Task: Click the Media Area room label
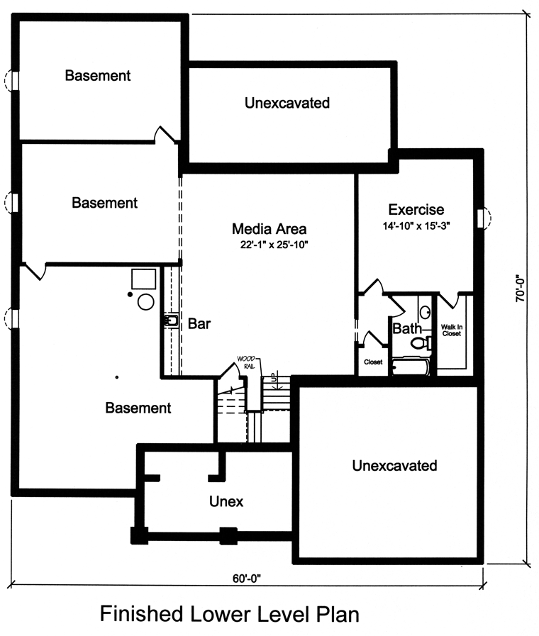click(269, 229)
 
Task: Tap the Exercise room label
click(416, 210)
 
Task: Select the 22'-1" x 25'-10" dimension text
click(274, 245)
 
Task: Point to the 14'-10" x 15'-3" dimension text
click(416, 226)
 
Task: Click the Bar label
click(199, 324)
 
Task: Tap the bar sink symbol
click(171, 321)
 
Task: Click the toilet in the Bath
click(421, 343)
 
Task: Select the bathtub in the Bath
click(411, 367)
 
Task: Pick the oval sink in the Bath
click(425, 312)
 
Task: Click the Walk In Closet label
click(452, 330)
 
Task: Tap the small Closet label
click(373, 362)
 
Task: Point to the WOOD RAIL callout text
click(246, 362)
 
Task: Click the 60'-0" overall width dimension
click(247, 578)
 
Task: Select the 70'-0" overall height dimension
click(520, 289)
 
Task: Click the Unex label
click(226, 502)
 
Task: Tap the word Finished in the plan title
click(140, 614)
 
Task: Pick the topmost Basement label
click(98, 75)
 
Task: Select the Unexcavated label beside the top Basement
click(287, 103)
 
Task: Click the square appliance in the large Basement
click(143, 279)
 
